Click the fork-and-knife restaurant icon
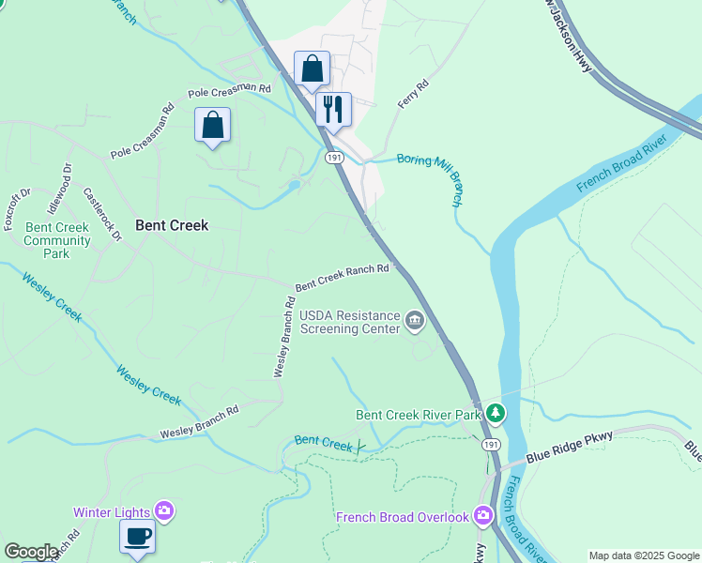click(333, 110)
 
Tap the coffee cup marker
click(137, 537)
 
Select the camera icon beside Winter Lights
click(164, 511)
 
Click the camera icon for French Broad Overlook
click(483, 515)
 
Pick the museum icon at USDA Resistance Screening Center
click(414, 322)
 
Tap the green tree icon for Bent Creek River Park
click(495, 413)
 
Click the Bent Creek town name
click(172, 225)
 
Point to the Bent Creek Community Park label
click(58, 240)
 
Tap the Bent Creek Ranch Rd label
click(342, 277)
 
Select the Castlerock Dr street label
click(103, 215)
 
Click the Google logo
click(31, 552)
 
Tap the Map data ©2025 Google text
click(644, 555)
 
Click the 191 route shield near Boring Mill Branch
click(334, 159)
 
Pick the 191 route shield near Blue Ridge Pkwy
click(491, 444)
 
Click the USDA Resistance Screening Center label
click(349, 322)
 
